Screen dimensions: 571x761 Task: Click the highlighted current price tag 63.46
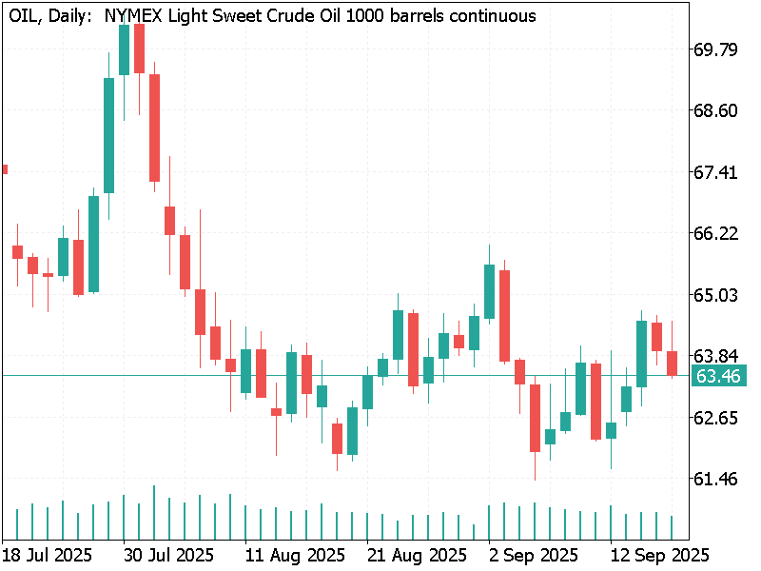pyautogui.click(x=718, y=376)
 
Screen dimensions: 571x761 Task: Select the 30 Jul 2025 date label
pyautogui.click(x=168, y=555)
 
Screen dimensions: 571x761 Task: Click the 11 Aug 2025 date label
pyautogui.click(x=295, y=555)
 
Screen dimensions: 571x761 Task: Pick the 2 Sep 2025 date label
pyautogui.click(x=533, y=555)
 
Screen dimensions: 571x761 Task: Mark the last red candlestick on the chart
pyautogui.click(x=672, y=363)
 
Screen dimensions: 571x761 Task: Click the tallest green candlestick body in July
pyautogui.click(x=108, y=135)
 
